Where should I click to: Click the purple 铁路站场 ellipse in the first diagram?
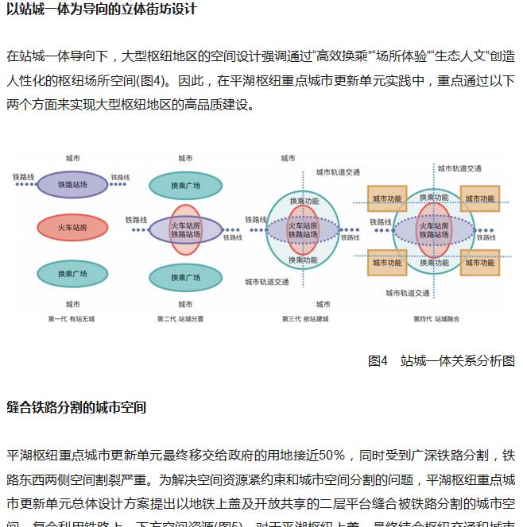(72, 184)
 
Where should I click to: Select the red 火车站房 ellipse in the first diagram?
(72, 229)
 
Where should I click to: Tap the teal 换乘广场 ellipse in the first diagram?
(72, 274)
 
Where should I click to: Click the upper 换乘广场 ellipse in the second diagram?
(185, 185)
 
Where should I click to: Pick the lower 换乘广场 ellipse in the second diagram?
(185, 278)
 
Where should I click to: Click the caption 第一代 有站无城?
(72, 319)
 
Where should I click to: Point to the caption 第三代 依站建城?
(304, 319)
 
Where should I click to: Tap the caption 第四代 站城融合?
(436, 319)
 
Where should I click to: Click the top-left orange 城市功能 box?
(387, 198)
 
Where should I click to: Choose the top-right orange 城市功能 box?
(480, 198)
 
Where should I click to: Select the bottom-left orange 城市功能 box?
(387, 263)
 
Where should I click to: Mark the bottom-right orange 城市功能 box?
(480, 263)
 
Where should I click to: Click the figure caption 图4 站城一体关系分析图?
(441, 360)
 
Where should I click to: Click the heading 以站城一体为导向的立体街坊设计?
(101, 10)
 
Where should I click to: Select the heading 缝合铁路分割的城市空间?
(76, 407)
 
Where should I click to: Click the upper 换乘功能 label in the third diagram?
(303, 201)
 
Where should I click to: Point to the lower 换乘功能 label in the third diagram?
(303, 260)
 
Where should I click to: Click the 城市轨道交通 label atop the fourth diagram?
(459, 168)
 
